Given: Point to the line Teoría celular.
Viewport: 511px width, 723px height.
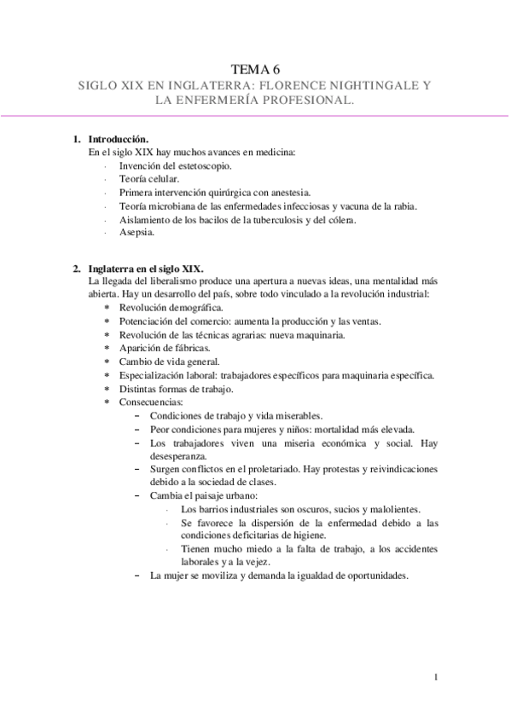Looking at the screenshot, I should click(149, 179).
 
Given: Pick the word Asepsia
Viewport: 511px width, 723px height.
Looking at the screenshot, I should click(136, 233).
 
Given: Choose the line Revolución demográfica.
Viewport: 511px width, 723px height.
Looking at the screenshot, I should click(171, 308).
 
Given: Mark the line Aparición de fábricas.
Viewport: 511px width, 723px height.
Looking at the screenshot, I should click(165, 348).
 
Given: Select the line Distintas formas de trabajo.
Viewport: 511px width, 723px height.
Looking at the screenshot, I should click(177, 389).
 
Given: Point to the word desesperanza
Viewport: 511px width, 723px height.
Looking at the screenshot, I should click(176, 456).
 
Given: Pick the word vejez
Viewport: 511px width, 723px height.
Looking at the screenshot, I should click(256, 563).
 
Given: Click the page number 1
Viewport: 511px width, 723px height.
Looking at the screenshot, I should click(436, 677).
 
